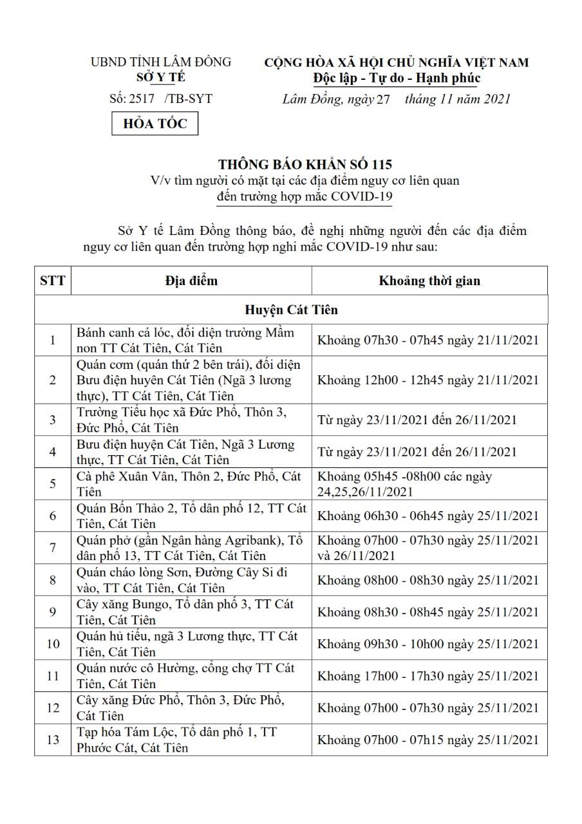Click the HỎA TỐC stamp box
[x=155, y=123]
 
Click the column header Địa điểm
[x=191, y=281]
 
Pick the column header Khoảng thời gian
[x=429, y=281]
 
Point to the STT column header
[x=53, y=281]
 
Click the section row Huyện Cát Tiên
[x=291, y=310]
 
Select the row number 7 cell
[x=53, y=548]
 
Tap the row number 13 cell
[x=53, y=740]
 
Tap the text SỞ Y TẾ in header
[x=160, y=77]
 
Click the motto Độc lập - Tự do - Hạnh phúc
[x=397, y=79]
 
